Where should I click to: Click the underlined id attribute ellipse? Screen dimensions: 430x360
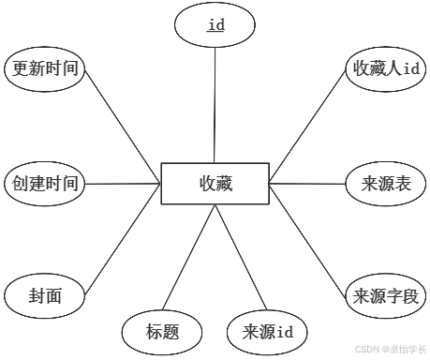click(x=215, y=24)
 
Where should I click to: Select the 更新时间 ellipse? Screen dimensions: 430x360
click(x=45, y=69)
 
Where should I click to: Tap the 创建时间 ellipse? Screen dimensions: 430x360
click(x=45, y=184)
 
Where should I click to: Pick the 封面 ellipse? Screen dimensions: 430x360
click(x=45, y=295)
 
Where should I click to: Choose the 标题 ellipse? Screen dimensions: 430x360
click(x=162, y=332)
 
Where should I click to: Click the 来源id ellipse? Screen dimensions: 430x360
click(x=267, y=332)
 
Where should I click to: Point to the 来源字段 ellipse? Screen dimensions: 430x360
click(x=386, y=295)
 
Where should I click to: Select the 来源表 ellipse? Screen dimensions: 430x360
click(x=386, y=184)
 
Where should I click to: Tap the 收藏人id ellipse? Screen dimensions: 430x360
click(x=386, y=69)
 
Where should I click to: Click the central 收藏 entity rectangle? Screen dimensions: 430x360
click(x=215, y=184)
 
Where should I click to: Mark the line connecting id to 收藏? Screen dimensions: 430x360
click(x=215, y=105)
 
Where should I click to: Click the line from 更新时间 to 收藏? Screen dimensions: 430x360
click(x=123, y=127)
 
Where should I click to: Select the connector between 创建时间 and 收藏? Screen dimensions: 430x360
click(x=123, y=184)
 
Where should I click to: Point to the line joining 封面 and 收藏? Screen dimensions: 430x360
click(x=123, y=239)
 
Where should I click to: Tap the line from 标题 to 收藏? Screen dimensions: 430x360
click(x=189, y=257)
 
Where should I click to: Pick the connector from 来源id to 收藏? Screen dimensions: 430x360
click(x=241, y=257)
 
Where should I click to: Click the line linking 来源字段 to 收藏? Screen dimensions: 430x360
click(x=307, y=239)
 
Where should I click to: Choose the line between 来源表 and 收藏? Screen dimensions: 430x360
click(x=307, y=184)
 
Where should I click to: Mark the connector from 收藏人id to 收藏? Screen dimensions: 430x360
click(x=307, y=127)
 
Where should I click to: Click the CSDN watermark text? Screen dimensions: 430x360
click(x=391, y=349)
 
